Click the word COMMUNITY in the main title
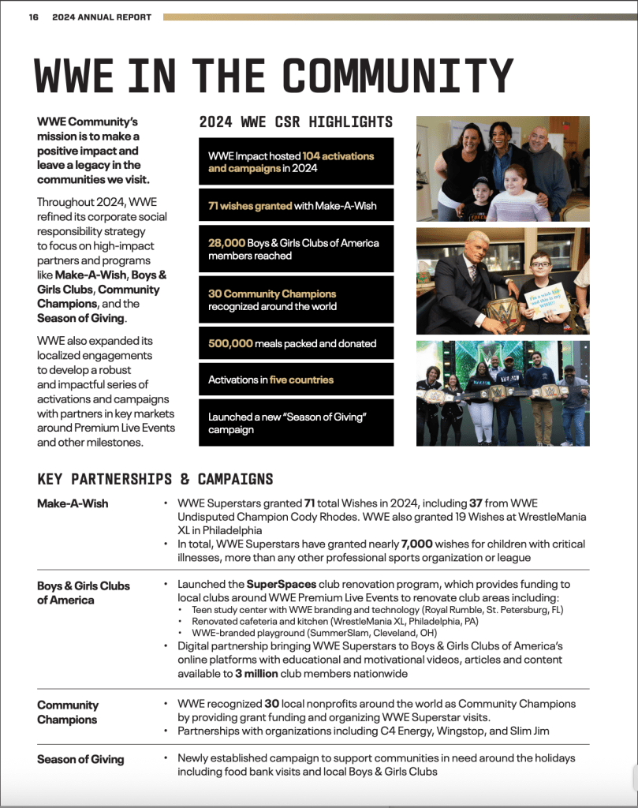(398, 77)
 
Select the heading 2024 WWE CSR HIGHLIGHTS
(295, 122)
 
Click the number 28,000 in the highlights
(226, 243)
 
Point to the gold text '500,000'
(230, 344)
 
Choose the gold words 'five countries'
(301, 380)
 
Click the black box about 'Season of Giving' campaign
(296, 423)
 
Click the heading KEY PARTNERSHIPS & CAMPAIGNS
(155, 479)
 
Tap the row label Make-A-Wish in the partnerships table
(73, 503)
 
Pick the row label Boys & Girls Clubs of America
(84, 593)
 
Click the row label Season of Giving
(80, 759)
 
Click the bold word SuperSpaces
(282, 584)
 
